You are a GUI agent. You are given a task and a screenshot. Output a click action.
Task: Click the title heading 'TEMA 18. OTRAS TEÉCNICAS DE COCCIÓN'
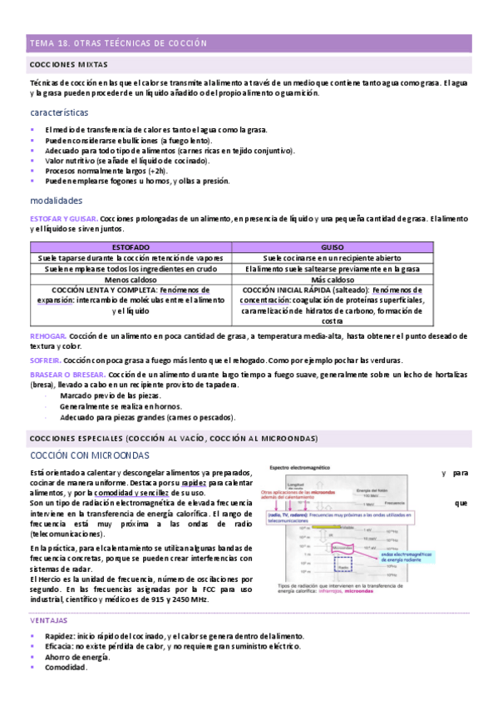coord(117,43)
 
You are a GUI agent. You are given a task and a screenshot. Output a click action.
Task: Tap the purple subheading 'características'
coord(59,112)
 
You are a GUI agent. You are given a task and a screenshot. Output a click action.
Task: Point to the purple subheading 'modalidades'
coord(56,201)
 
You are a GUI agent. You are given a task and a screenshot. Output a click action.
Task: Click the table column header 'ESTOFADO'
coord(131,247)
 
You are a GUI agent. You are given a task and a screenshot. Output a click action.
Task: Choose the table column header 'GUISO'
coord(332,247)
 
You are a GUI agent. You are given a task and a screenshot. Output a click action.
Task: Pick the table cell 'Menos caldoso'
coord(131,280)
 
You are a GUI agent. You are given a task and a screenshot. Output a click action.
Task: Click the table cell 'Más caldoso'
coord(332,280)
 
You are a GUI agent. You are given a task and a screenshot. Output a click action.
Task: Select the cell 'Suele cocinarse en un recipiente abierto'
coord(332,258)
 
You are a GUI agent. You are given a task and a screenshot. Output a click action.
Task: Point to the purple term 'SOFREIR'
coord(45,360)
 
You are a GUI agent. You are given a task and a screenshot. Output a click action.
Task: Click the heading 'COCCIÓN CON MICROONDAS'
coord(89,455)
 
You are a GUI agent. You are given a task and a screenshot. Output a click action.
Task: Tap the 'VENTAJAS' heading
coord(49,620)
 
